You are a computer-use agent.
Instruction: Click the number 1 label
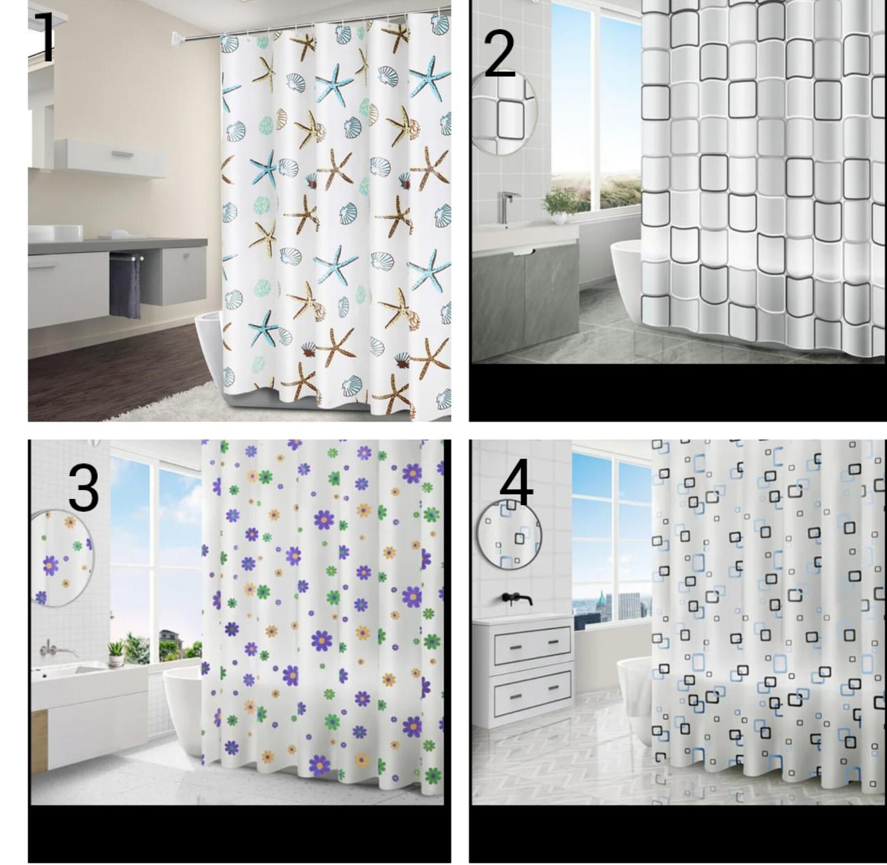[x=46, y=37]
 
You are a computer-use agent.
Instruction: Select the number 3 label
[x=83, y=488]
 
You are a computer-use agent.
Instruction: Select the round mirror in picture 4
[x=510, y=534]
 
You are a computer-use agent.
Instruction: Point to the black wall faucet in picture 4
[x=516, y=599]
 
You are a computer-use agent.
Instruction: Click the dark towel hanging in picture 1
[x=125, y=287]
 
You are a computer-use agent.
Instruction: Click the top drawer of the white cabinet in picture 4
[x=532, y=645]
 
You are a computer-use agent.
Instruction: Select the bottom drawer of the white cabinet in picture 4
[x=532, y=692]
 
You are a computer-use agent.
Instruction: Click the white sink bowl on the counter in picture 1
[x=55, y=232]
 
